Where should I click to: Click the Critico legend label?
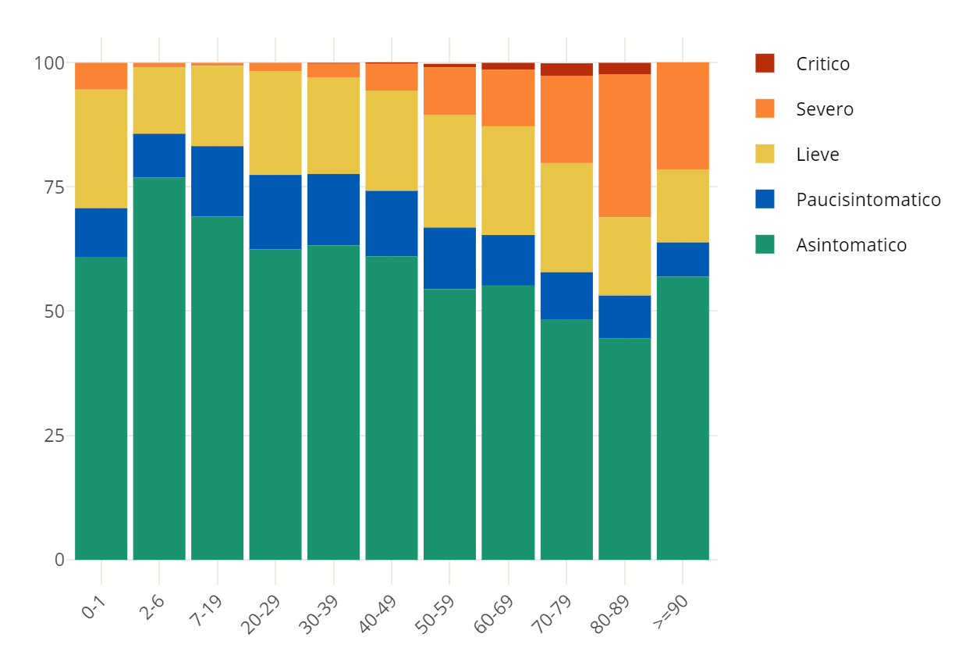point(822,64)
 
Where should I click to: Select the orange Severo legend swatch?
point(765,109)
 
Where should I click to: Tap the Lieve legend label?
point(817,155)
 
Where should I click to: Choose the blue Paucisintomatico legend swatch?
point(765,199)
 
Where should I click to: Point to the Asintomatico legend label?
point(851,245)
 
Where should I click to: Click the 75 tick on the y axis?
point(54,187)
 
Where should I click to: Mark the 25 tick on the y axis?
point(54,435)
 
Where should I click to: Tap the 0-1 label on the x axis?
point(94,606)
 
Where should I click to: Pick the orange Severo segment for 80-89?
point(625,145)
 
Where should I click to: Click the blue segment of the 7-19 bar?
point(218,181)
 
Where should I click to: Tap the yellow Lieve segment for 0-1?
point(101,148)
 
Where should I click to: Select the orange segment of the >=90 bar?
point(683,116)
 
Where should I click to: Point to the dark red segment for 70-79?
point(566,69)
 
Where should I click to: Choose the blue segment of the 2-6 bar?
point(159,155)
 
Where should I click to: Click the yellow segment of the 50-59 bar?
point(449,171)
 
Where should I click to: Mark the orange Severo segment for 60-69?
point(508,98)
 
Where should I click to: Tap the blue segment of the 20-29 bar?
point(275,212)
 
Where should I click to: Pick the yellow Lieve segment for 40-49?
point(392,141)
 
